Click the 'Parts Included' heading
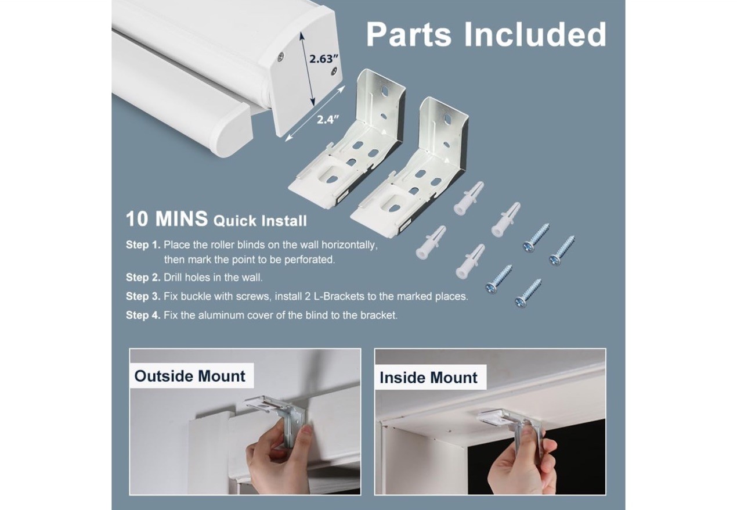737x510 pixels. click(x=486, y=34)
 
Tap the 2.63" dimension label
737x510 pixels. click(x=324, y=59)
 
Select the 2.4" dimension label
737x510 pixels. click(x=328, y=119)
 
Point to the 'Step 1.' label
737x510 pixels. click(x=143, y=245)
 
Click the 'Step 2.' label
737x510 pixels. click(x=143, y=277)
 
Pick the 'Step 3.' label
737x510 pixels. click(x=143, y=296)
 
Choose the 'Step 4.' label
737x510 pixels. click(x=143, y=315)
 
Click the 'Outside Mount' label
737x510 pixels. click(x=190, y=376)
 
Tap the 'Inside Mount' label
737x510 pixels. click(x=428, y=378)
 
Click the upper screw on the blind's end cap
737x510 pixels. click(x=280, y=57)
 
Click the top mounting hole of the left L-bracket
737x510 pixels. click(x=385, y=89)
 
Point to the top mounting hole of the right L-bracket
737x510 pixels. click(x=447, y=118)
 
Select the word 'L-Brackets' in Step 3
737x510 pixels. click(x=339, y=296)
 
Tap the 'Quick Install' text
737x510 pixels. click(x=260, y=221)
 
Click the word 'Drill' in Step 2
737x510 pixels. click(x=173, y=277)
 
